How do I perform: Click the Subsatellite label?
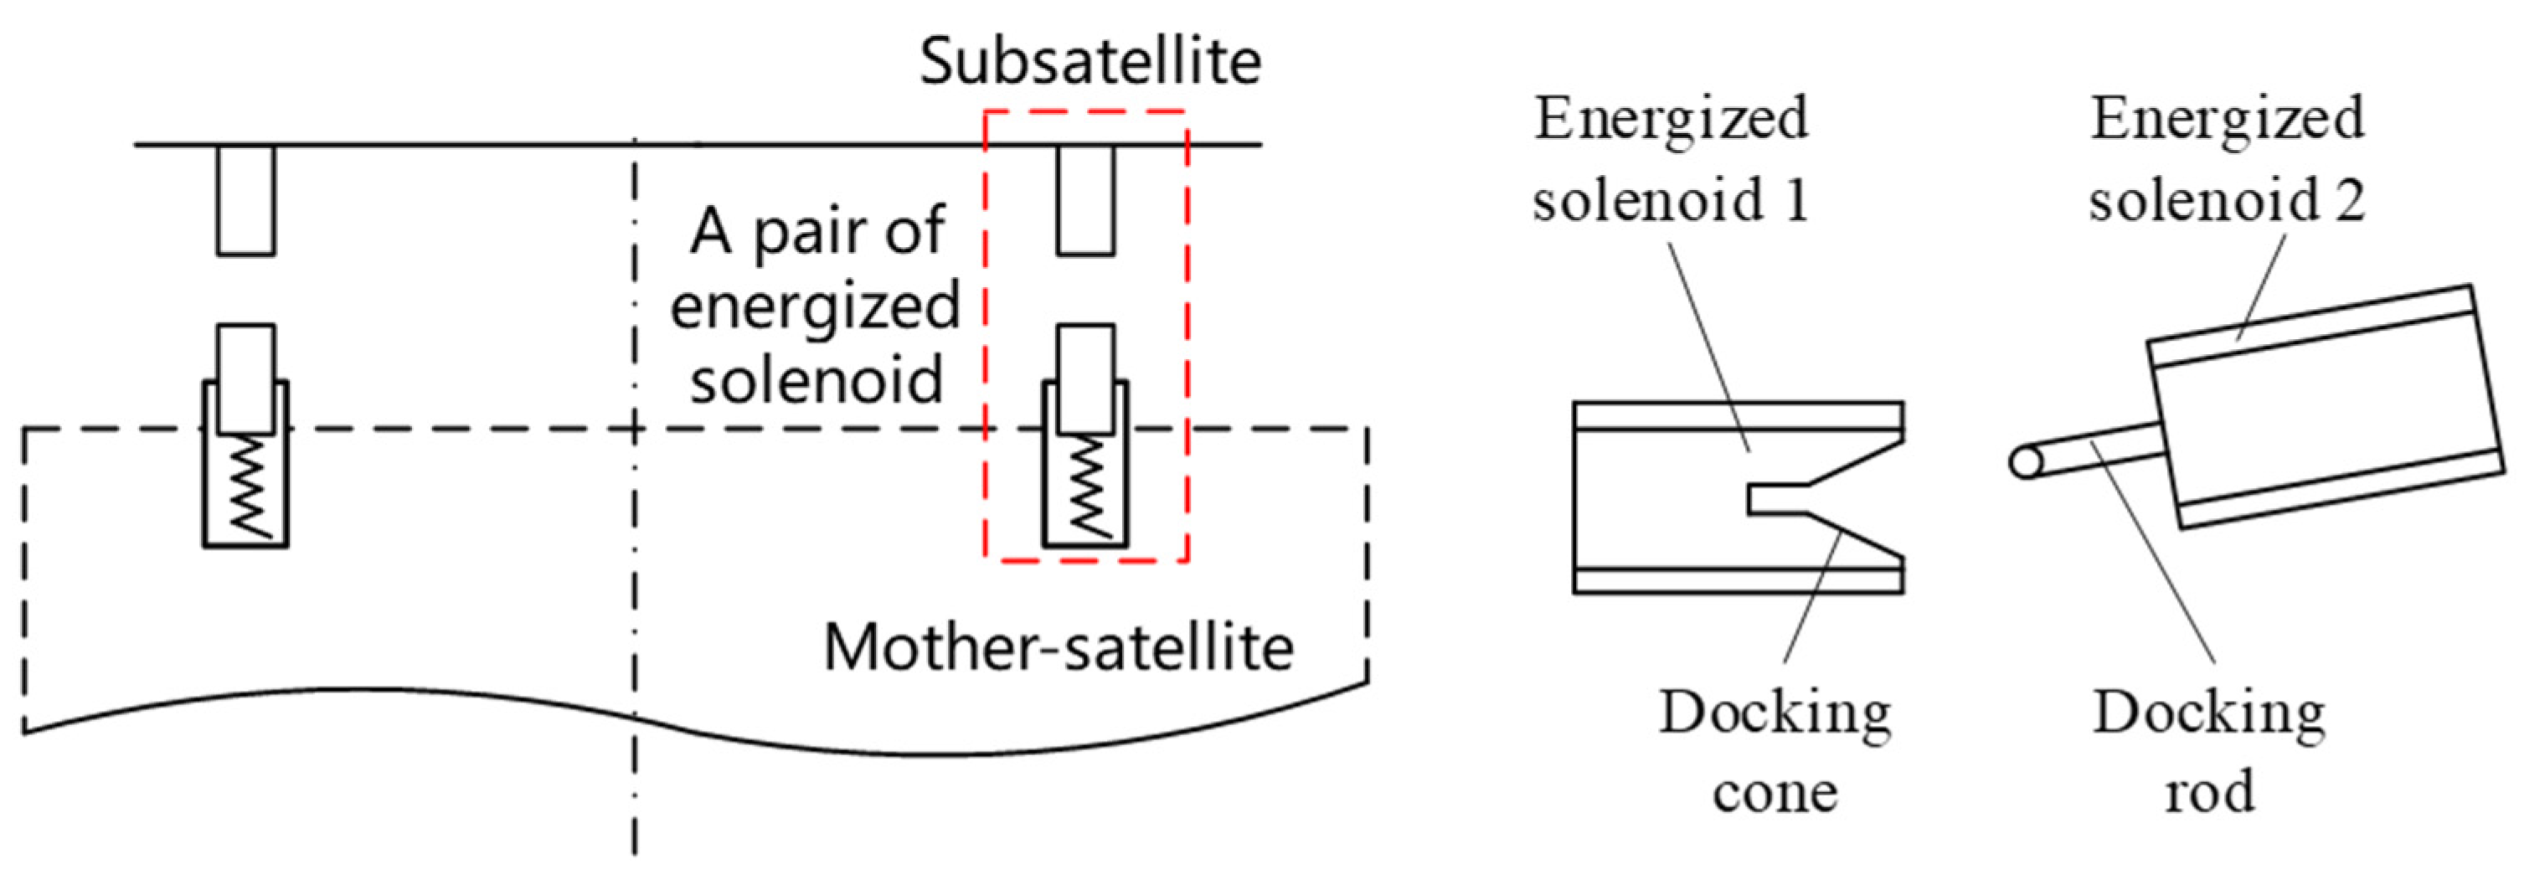1089,61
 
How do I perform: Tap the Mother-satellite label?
1058,648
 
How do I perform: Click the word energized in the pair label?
815,306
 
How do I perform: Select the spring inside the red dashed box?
1086,487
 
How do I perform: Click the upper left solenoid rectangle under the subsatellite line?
245,200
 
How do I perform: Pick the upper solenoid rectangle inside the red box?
1086,200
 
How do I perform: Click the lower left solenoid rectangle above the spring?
245,378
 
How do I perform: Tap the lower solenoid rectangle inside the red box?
1086,378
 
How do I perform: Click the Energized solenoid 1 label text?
1671,159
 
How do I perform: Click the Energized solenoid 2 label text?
2227,159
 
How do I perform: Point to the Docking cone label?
1775,751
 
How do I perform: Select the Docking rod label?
2209,751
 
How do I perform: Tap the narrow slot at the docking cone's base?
1777,499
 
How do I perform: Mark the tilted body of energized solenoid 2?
2326,408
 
